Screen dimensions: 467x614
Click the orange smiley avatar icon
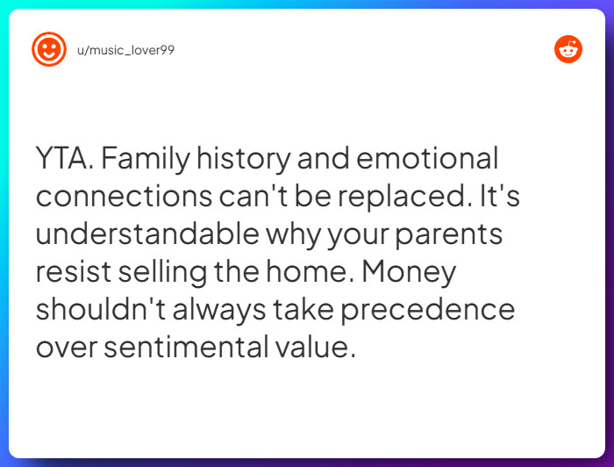pyautogui.click(x=49, y=49)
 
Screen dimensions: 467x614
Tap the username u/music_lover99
pyautogui.click(x=126, y=50)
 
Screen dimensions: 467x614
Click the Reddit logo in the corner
pyautogui.click(x=568, y=50)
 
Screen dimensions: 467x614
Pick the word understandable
pyautogui.click(x=147, y=234)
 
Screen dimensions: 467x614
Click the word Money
pyautogui.click(x=409, y=272)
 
